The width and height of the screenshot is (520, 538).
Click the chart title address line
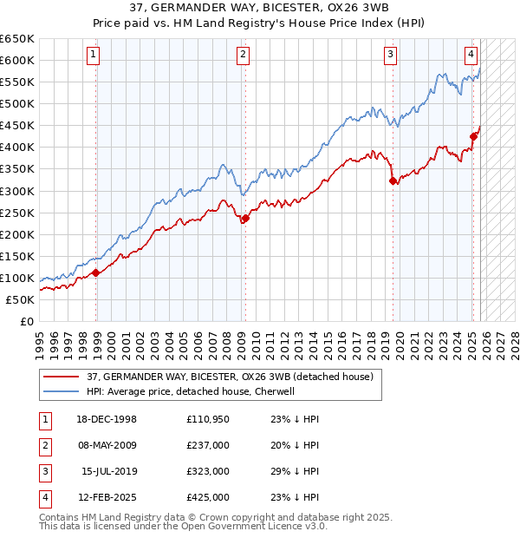pyautogui.click(x=259, y=10)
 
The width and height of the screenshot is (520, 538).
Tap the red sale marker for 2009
pyautogui.click(x=245, y=218)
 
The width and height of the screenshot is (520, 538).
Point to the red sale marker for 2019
pyautogui.click(x=393, y=180)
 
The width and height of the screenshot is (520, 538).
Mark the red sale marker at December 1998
pyautogui.click(x=96, y=272)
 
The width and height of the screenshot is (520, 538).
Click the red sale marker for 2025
pyautogui.click(x=473, y=136)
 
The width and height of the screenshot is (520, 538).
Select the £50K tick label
pyautogui.click(x=20, y=299)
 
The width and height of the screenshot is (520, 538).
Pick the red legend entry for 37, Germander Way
pyautogui.click(x=230, y=377)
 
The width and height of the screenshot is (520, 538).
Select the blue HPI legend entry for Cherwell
pyautogui.click(x=191, y=391)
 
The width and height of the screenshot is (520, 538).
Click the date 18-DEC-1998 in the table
pyautogui.click(x=107, y=419)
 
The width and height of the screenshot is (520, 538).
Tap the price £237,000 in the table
pyautogui.click(x=207, y=445)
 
